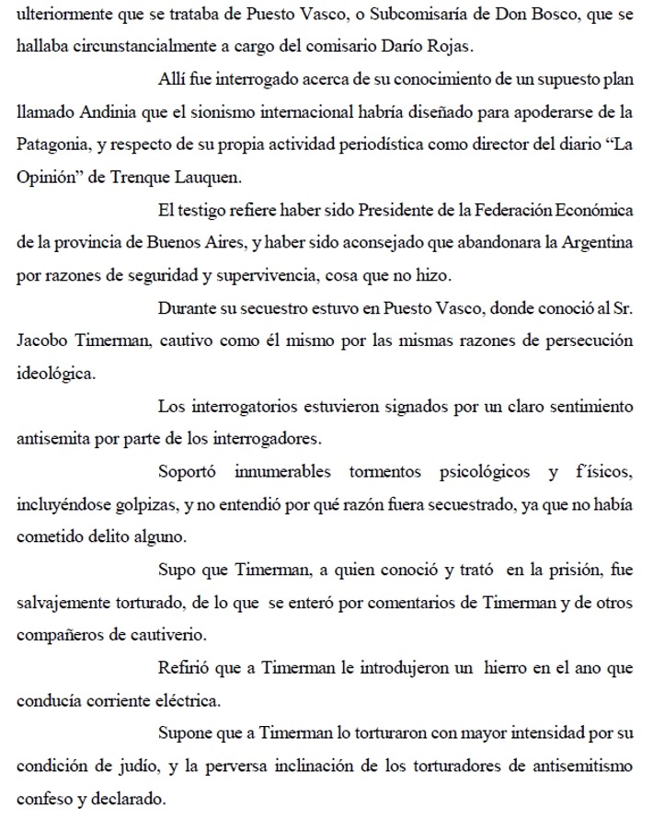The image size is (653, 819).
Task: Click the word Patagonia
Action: [x=55, y=146]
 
